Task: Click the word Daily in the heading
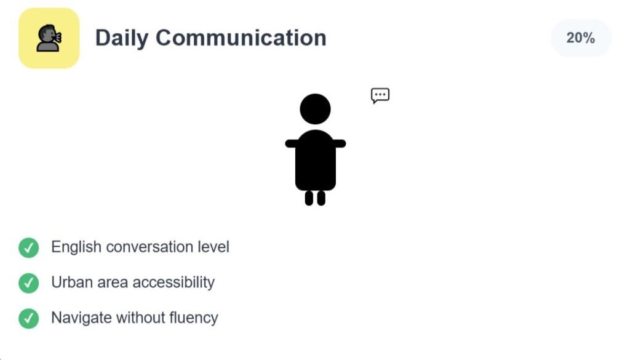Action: pyautogui.click(x=121, y=38)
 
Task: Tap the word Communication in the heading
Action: pyautogui.click(x=241, y=38)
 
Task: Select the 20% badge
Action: pyautogui.click(x=581, y=38)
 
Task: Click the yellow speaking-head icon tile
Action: pyautogui.click(x=49, y=38)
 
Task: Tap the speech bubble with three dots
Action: pyautogui.click(x=380, y=95)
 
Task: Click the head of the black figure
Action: pyautogui.click(x=316, y=109)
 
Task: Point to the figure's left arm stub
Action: pyautogui.click(x=291, y=143)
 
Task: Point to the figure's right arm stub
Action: pyautogui.click(x=340, y=143)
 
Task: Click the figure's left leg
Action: pyautogui.click(x=309, y=198)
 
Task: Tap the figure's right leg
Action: pyautogui.click(x=321, y=198)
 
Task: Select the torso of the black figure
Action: pyautogui.click(x=316, y=160)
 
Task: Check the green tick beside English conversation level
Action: pyautogui.click(x=28, y=247)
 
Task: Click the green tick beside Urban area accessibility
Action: pyautogui.click(x=28, y=283)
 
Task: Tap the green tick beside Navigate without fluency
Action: pyautogui.click(x=28, y=318)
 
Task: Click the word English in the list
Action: pyautogui.click(x=76, y=247)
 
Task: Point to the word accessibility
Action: pyautogui.click(x=173, y=282)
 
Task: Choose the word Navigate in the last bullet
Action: pyautogui.click(x=82, y=318)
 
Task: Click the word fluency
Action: pyautogui.click(x=194, y=318)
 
